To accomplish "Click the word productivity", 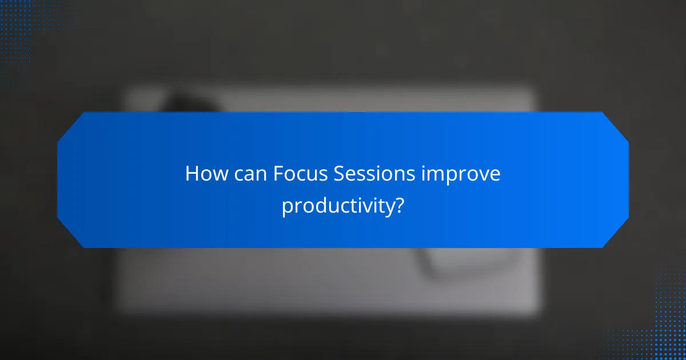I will pos(338,206).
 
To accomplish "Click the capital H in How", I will pos(192,174).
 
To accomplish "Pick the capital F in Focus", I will pos(277,174).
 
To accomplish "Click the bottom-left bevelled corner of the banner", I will pos(70,235).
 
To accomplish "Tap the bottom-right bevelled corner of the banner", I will pos(616,235).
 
